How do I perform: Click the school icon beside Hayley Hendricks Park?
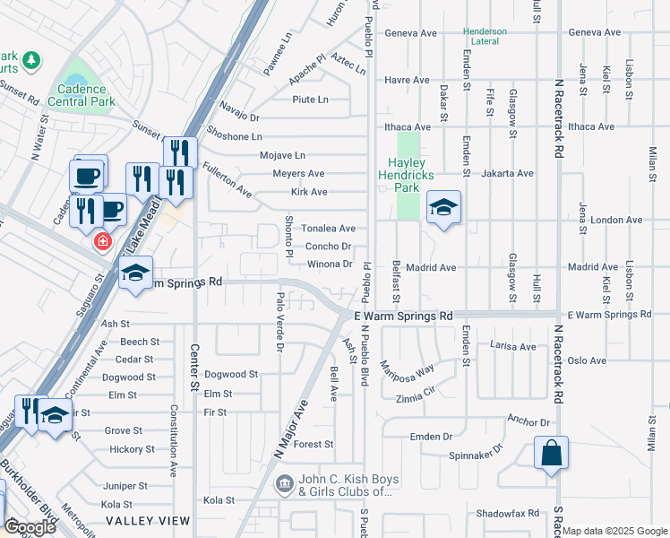point(443,209)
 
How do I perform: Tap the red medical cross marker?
point(102,241)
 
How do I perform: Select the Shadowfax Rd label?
point(509,513)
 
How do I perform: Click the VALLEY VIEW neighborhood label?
point(148,520)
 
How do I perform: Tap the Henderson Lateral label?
point(485,36)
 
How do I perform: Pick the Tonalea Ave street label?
point(328,229)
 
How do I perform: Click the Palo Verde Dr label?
point(280,321)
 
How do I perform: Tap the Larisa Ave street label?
point(513,346)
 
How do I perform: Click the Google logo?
point(30,527)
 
